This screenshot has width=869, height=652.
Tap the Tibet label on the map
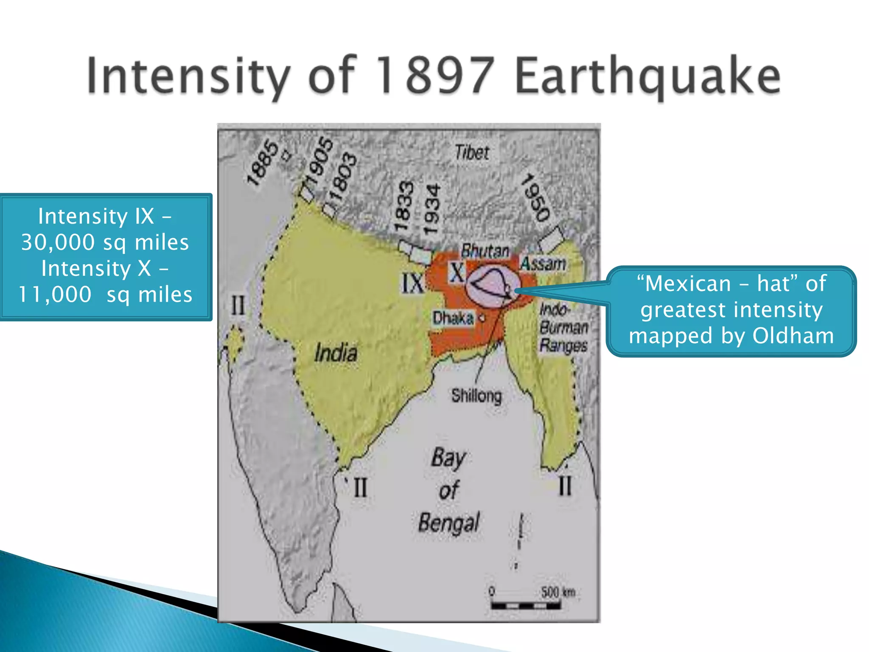471,152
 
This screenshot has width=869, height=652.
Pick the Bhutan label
485,251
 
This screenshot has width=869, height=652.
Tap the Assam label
543,264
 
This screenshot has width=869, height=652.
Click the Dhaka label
453,318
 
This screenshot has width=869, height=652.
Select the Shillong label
476,396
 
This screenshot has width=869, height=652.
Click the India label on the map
335,353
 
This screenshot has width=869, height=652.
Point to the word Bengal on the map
449,523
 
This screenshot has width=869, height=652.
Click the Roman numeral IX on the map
412,283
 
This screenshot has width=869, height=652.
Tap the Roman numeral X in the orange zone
457,273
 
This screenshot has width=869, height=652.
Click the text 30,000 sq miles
105,242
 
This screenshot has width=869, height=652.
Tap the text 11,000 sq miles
105,294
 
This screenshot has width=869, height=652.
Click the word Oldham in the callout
793,336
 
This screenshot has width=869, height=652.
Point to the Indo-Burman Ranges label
563,327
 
